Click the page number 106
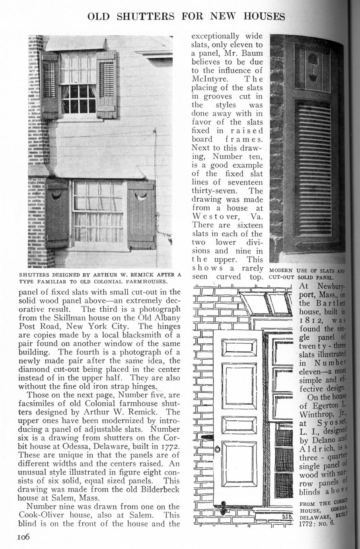coord(23,537)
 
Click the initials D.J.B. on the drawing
coord(287,517)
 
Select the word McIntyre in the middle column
coord(212,79)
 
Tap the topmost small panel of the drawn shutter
coord(239,348)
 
